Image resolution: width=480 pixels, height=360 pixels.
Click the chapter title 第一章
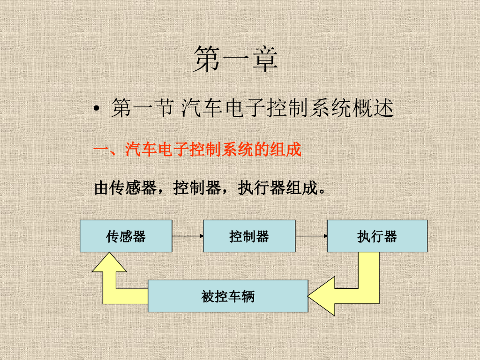pos(235,60)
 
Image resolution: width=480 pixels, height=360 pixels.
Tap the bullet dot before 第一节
pos(97,110)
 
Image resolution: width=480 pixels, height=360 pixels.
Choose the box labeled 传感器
pos(126,236)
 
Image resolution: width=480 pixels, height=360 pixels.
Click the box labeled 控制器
pos(249,236)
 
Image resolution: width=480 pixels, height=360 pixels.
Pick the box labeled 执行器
pos(377,236)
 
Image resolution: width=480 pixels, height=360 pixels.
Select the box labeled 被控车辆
pos(228,296)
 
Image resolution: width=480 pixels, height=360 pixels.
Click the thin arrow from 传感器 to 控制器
pos(187,236)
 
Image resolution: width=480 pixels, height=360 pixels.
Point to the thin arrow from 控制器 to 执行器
pos(311,236)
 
